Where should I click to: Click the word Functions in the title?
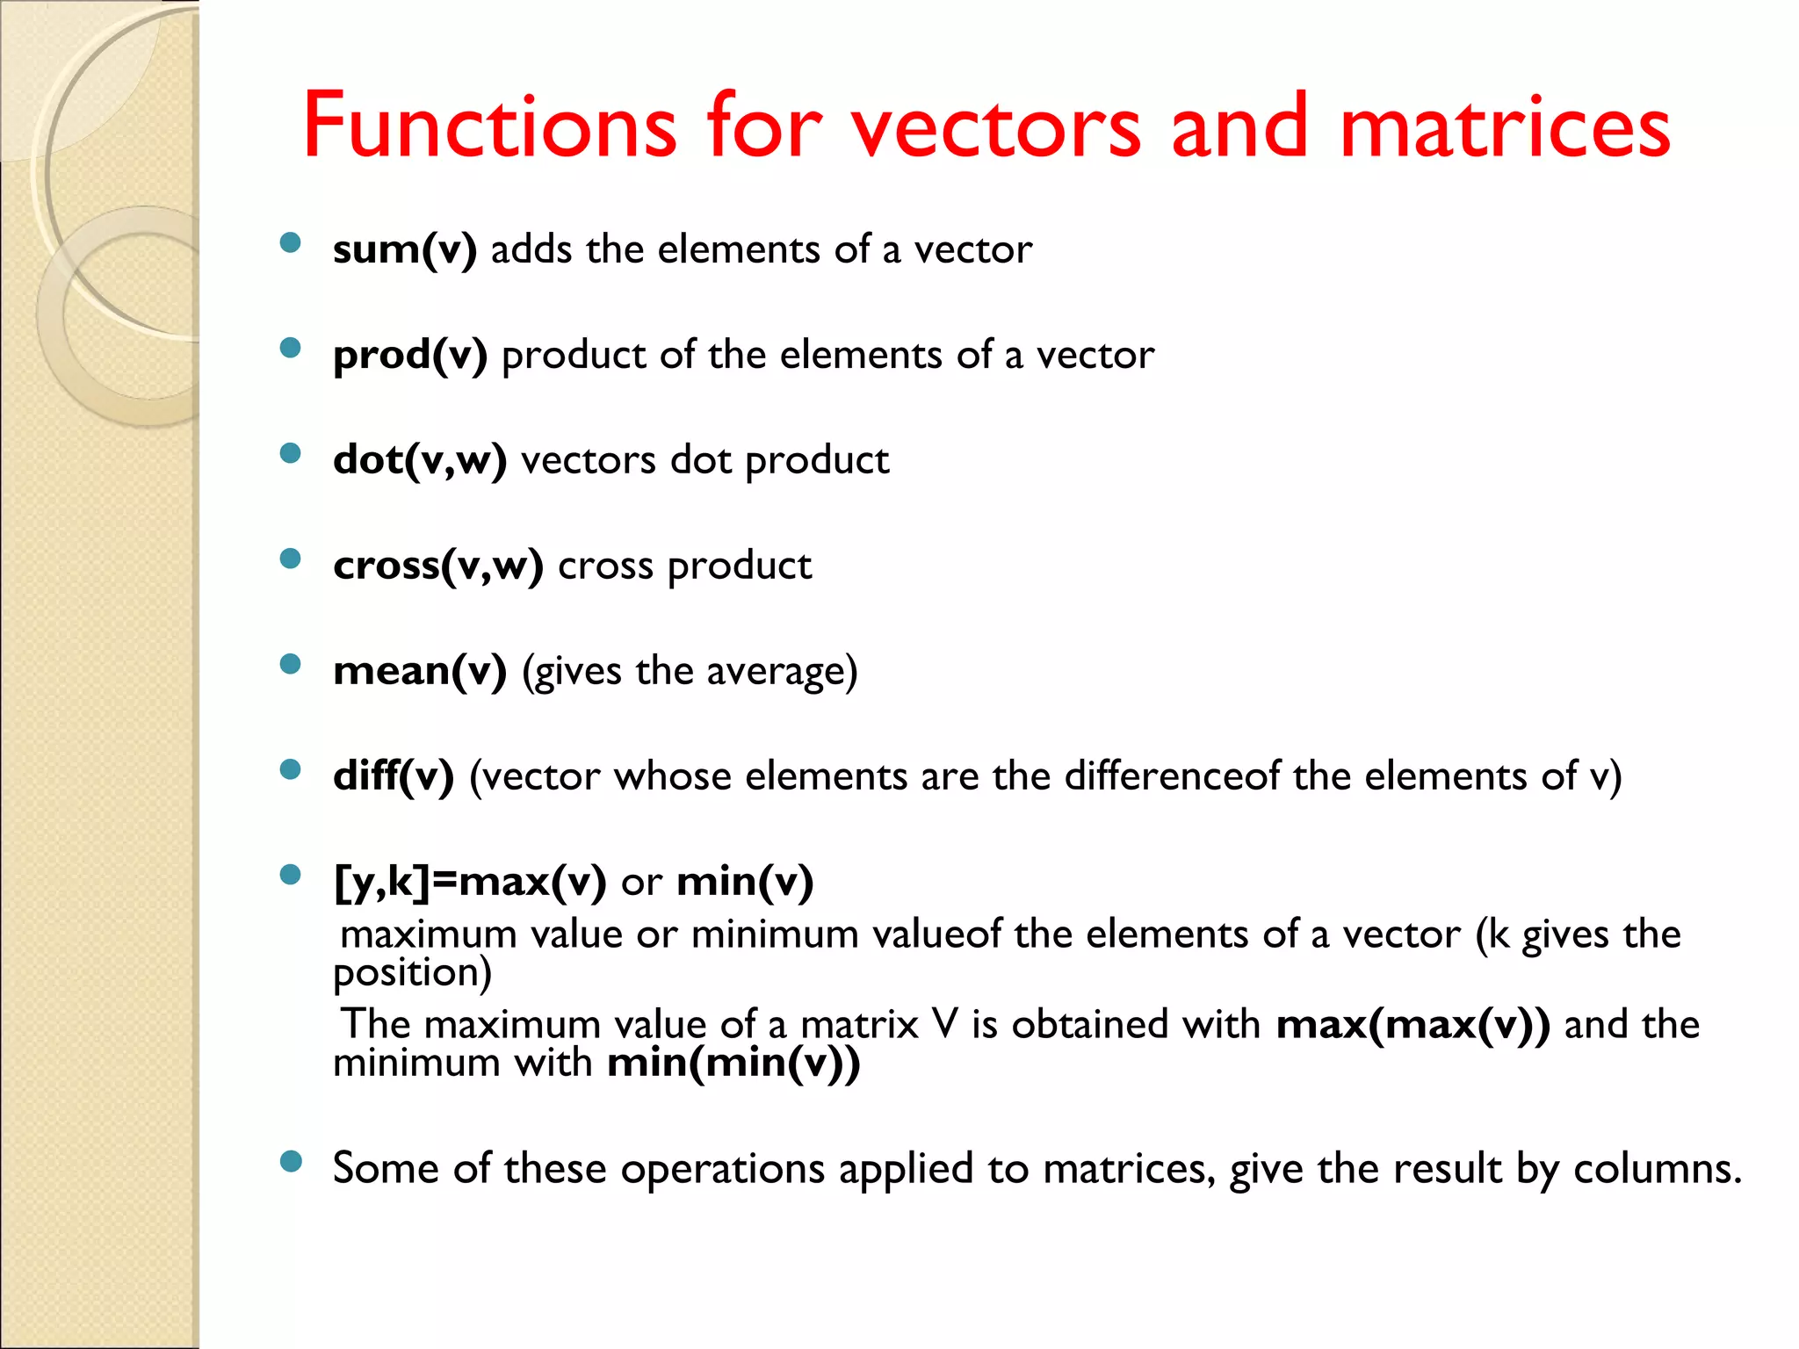(489, 126)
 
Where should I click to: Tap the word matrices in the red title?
(1505, 128)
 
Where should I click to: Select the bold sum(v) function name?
(405, 249)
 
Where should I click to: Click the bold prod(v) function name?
(410, 356)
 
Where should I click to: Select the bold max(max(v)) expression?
(1412, 1025)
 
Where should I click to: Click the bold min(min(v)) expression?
(733, 1064)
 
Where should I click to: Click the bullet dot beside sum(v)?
(290, 243)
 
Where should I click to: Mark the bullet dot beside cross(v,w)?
(290, 559)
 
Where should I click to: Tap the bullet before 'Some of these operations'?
(290, 1162)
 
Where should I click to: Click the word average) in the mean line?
(781, 673)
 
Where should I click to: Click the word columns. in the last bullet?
(1657, 1169)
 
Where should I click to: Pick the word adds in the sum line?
(531, 249)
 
